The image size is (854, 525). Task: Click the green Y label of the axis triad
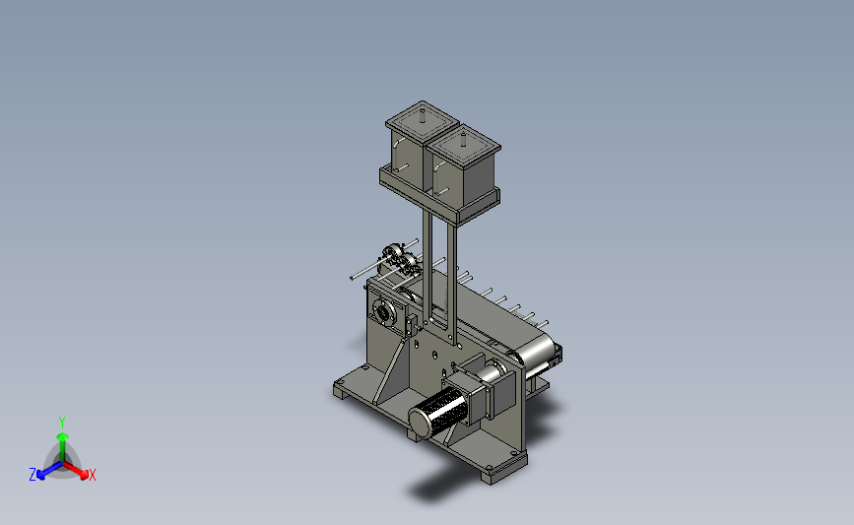(61, 423)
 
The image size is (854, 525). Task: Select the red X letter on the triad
(92, 475)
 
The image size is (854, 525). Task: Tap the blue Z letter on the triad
(33, 475)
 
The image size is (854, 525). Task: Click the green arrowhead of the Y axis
(62, 436)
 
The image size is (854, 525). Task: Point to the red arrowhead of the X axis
(84, 475)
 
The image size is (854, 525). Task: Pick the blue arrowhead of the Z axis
(40, 476)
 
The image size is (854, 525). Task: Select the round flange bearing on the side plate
(383, 312)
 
